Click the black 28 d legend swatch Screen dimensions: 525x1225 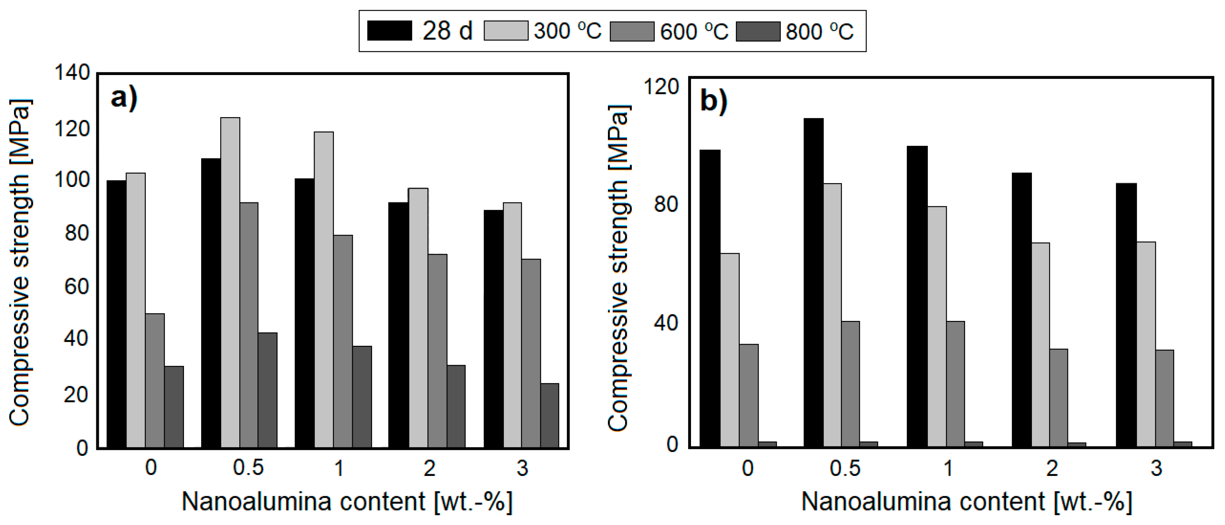tap(390, 31)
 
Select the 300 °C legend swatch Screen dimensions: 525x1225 tap(506, 31)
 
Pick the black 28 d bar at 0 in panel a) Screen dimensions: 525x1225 tap(116, 314)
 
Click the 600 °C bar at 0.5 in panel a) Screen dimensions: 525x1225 tap(249, 325)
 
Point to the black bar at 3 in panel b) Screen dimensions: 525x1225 tap(1126, 315)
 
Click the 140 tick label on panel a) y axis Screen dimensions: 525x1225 tap(72, 73)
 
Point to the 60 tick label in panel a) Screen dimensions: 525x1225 tap(76, 286)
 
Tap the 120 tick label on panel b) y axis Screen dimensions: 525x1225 tap(661, 87)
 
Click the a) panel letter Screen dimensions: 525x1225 tap(124, 99)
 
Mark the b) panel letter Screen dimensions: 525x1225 tap(713, 101)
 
